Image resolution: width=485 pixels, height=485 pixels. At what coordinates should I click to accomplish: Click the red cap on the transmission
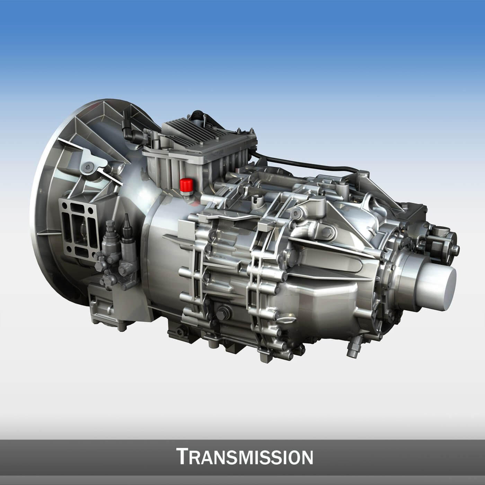186,185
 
